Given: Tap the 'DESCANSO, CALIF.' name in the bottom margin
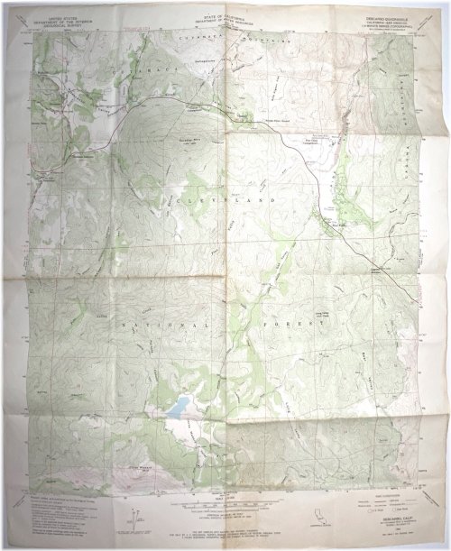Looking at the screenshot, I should pos(379,518).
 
